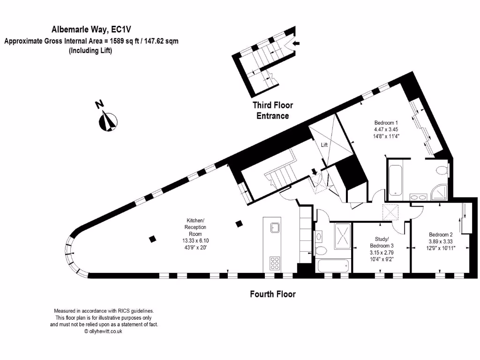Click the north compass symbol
click(108, 121)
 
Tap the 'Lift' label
click(324, 145)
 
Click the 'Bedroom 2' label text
click(441, 234)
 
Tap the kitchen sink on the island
click(275, 228)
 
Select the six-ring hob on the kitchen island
click(275, 262)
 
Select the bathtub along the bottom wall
click(333, 265)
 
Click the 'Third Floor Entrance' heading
click(272, 111)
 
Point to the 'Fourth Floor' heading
click(273, 294)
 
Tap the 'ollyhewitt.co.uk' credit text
click(103, 331)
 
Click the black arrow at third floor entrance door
click(296, 44)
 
